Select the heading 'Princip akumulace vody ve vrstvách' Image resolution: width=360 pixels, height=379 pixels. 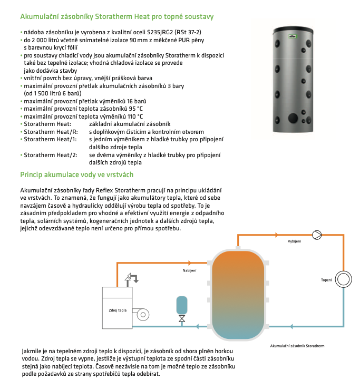(x=77, y=174)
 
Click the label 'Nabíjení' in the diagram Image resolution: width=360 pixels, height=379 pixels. (x=189, y=270)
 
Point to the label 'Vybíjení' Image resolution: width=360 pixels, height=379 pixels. (x=295, y=241)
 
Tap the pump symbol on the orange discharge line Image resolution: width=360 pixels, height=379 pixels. (x=317, y=234)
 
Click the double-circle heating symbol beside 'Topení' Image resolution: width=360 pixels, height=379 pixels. (x=344, y=279)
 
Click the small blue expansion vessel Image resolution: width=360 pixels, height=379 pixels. (x=181, y=304)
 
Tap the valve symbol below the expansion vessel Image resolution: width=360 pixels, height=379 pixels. (x=181, y=319)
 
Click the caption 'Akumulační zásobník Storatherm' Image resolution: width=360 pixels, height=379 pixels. (x=297, y=346)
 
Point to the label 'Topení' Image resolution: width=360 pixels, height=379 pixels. (x=327, y=279)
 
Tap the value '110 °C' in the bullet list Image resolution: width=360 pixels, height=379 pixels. (x=132, y=116)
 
